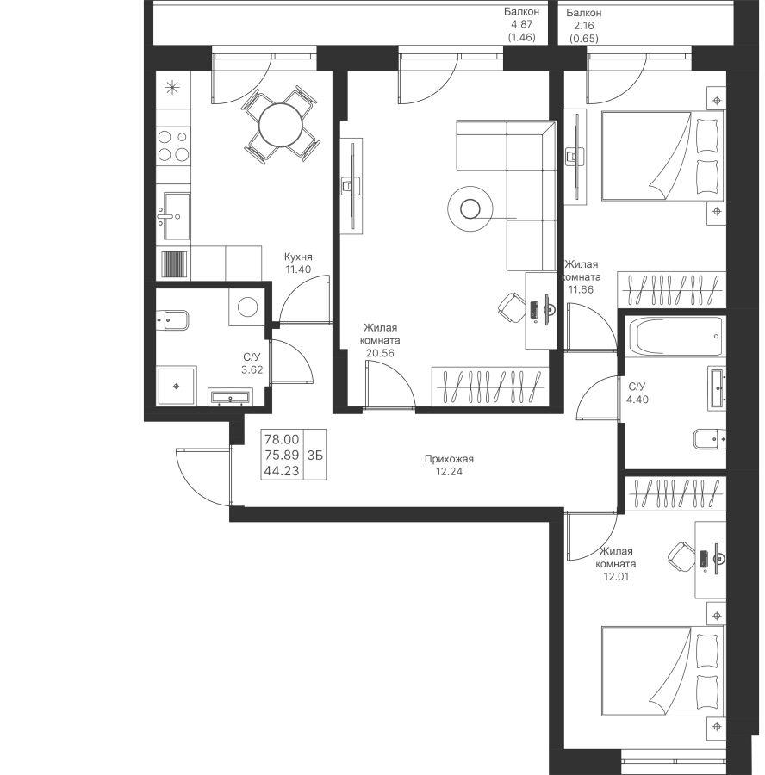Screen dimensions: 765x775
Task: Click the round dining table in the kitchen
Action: point(280,125)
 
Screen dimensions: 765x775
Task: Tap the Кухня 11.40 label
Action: point(298,263)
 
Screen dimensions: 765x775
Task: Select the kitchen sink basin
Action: point(177,216)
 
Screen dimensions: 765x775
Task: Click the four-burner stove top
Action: point(173,146)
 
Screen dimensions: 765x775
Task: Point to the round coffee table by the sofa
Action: point(470,208)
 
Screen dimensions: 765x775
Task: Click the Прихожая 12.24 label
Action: point(449,465)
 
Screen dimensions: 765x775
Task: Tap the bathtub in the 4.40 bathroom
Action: point(675,336)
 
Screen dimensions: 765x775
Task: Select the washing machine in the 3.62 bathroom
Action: point(247,307)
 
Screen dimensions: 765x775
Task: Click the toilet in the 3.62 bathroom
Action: point(172,319)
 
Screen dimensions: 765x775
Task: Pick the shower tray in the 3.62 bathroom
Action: point(177,386)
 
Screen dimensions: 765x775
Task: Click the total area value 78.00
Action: point(282,439)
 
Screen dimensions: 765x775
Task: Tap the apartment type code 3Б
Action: point(315,455)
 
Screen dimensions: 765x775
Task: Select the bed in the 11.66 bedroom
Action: point(662,156)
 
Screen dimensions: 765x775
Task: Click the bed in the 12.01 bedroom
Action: point(662,672)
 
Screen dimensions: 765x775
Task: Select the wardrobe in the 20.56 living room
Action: point(490,387)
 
